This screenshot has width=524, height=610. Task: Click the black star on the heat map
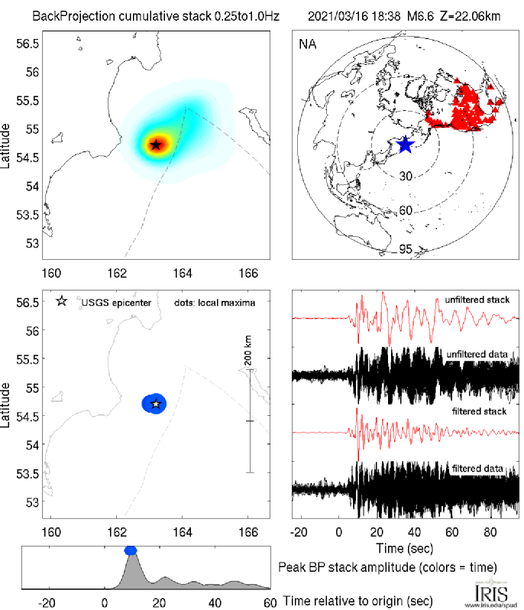click(156, 144)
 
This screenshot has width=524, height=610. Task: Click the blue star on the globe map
click(405, 144)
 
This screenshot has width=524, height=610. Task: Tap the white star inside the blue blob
click(156, 404)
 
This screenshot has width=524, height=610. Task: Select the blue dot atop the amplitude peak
click(131, 550)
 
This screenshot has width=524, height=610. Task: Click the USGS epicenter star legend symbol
click(62, 301)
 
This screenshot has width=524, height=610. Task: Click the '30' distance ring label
click(406, 176)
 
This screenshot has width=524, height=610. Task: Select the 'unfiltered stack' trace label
click(477, 300)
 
